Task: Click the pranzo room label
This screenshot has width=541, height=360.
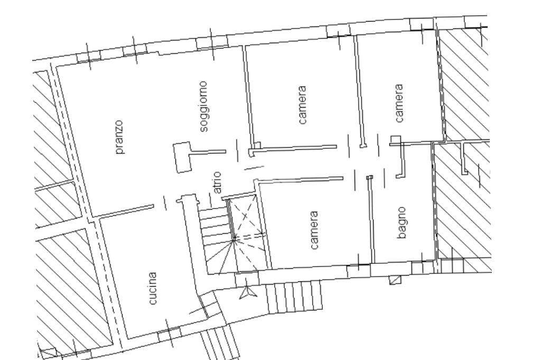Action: pos(120,137)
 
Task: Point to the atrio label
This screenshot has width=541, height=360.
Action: pos(218,183)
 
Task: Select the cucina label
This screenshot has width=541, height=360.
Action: pos(152,289)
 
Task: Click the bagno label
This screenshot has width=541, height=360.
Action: pos(401,223)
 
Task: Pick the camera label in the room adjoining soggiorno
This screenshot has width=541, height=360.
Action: pos(302,105)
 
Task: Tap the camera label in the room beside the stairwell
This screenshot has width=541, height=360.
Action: pos(314,230)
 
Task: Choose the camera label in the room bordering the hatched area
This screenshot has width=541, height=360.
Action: pos(398,103)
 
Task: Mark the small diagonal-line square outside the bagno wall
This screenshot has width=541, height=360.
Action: pos(395,280)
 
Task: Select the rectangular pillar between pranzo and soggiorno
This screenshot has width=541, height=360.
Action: pos(182,157)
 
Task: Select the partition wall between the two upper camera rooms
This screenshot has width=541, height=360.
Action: pos(359,91)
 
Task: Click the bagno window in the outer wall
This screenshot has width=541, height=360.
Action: pos(422,267)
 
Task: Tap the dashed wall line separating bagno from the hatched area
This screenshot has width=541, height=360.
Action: pos(434,202)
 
